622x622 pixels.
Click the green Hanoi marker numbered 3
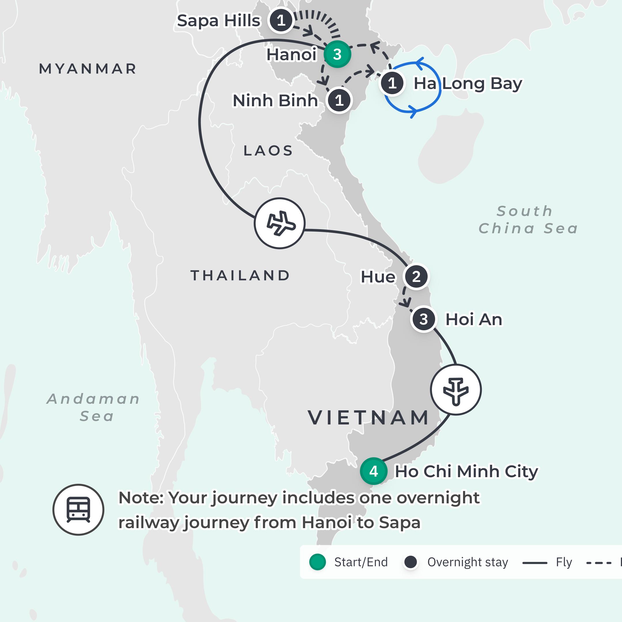click(337, 54)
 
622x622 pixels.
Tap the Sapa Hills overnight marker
click(281, 20)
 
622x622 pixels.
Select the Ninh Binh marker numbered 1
click(339, 100)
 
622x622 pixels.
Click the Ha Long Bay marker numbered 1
click(392, 84)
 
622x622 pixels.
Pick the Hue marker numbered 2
click(416, 276)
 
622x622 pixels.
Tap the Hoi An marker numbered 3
click(424, 319)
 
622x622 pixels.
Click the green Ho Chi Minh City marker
click(373, 471)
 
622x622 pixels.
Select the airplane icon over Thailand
click(279, 223)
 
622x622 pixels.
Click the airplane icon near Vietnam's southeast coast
click(456, 390)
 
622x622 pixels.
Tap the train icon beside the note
click(78, 510)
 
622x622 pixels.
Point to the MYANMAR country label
click(88, 69)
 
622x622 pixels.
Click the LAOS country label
click(268, 151)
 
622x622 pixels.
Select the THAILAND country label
click(240, 276)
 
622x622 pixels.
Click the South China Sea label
click(528, 220)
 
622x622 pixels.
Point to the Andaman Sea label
click(94, 407)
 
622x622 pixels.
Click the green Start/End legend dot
click(317, 562)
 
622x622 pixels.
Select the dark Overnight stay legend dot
click(410, 562)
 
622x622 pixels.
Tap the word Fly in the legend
click(564, 562)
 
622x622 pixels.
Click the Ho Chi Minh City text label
click(466, 471)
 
